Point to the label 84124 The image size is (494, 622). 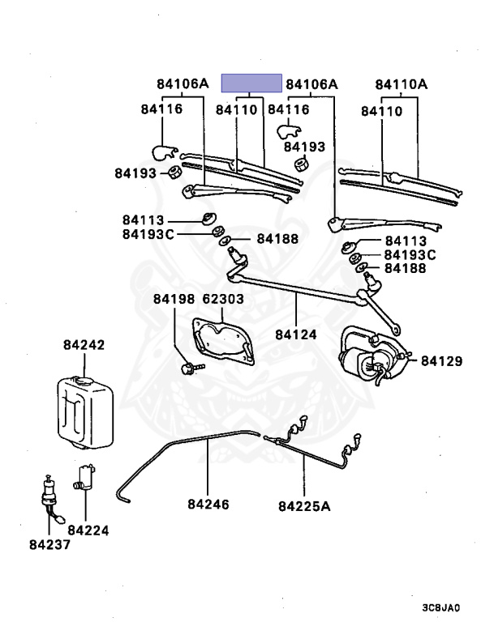click(x=295, y=334)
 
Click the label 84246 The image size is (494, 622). click(x=208, y=504)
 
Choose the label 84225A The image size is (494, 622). click(x=306, y=507)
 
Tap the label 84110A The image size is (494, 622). click(x=402, y=83)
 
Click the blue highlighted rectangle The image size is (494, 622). click(x=251, y=83)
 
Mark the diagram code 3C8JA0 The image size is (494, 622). click(x=440, y=607)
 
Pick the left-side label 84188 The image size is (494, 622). click(x=277, y=239)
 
